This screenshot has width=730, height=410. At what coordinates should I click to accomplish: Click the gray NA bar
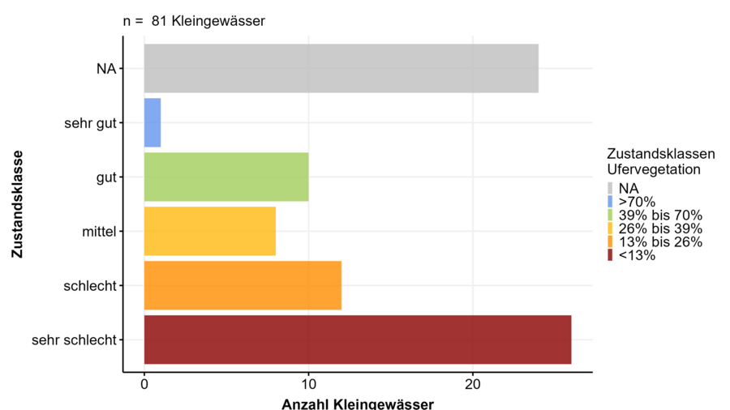[341, 69]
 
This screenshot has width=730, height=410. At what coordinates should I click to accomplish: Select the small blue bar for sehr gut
[152, 123]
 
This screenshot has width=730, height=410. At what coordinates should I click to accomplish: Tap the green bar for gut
[226, 177]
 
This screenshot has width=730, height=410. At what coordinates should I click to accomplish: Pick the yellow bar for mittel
[209, 231]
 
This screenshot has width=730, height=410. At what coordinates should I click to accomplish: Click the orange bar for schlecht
[243, 285]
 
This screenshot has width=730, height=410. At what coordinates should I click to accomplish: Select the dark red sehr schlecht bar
[357, 340]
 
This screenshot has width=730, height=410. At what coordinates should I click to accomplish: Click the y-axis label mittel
[99, 232]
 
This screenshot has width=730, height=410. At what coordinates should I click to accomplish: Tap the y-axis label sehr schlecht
[74, 340]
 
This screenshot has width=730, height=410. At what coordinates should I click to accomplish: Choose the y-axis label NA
[106, 69]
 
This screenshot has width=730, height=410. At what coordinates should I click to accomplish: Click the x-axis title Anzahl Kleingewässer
[357, 404]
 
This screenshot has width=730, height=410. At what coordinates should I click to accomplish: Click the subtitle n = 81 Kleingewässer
[194, 21]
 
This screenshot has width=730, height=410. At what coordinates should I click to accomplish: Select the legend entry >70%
[637, 202]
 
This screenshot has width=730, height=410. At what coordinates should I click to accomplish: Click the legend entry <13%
[637, 255]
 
